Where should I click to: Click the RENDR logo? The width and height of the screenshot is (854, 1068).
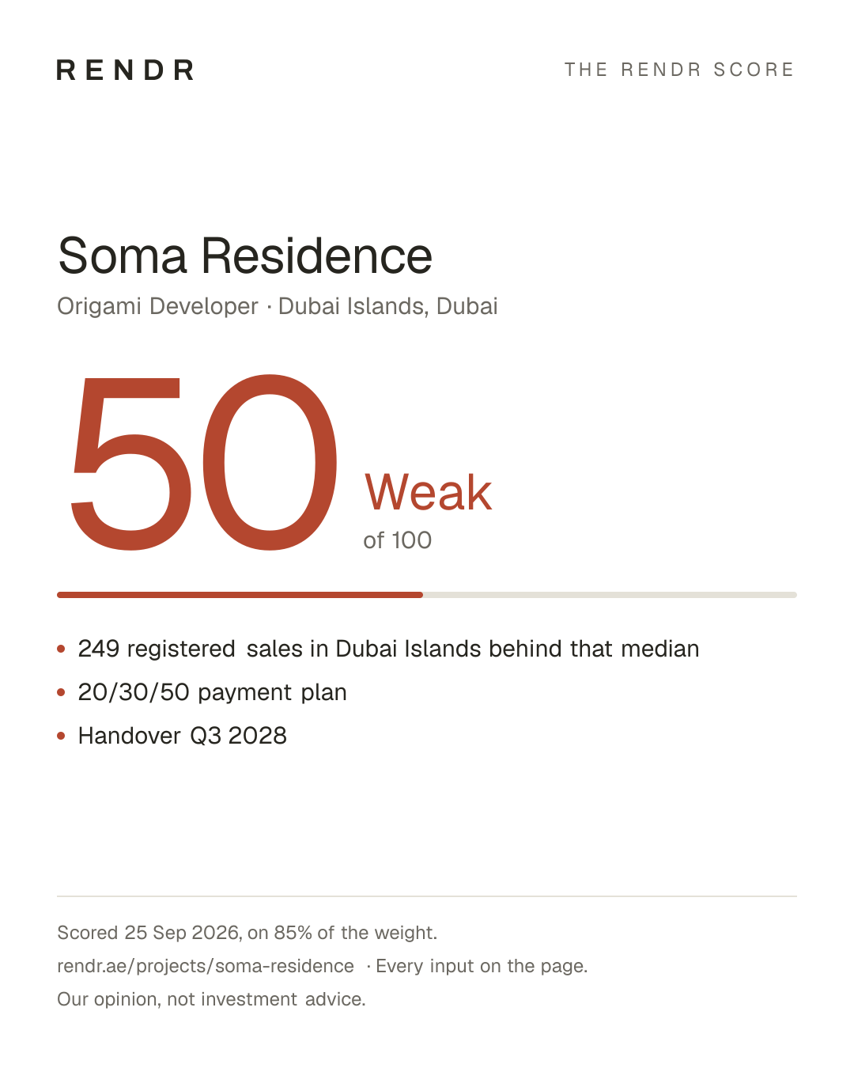pyautogui.click(x=125, y=70)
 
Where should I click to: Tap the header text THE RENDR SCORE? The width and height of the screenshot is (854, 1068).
pyautogui.click(x=679, y=70)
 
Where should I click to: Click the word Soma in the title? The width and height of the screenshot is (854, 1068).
pyautogui.click(x=122, y=256)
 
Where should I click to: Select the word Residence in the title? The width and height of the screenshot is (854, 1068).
pyautogui.click(x=316, y=256)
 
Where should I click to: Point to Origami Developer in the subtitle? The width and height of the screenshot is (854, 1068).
pyautogui.click(x=158, y=306)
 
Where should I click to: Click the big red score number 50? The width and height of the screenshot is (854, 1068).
pyautogui.click(x=204, y=463)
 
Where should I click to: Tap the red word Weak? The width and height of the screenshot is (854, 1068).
pyautogui.click(x=429, y=492)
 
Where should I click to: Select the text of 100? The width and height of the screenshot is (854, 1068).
pyautogui.click(x=398, y=540)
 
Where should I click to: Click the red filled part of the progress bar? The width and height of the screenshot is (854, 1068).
pyautogui.click(x=240, y=595)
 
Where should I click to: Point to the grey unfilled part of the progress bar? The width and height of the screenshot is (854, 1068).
pyautogui.click(x=610, y=595)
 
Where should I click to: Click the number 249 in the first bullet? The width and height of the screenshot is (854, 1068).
pyautogui.click(x=99, y=649)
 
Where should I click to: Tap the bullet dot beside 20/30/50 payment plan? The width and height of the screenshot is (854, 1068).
pyautogui.click(x=61, y=692)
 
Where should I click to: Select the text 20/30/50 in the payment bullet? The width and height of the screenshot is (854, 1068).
pyautogui.click(x=134, y=692)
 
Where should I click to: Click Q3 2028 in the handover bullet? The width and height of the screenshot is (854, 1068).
pyautogui.click(x=238, y=736)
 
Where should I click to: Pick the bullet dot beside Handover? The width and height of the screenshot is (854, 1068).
pyautogui.click(x=61, y=736)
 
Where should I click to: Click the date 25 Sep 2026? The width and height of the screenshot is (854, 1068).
pyautogui.click(x=182, y=933)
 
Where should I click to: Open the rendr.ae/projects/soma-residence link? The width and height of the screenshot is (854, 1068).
pyautogui.click(x=206, y=966)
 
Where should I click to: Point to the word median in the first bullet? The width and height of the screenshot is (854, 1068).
pyautogui.click(x=660, y=649)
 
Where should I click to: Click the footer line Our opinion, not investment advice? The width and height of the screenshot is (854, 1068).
pyautogui.click(x=211, y=999)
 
